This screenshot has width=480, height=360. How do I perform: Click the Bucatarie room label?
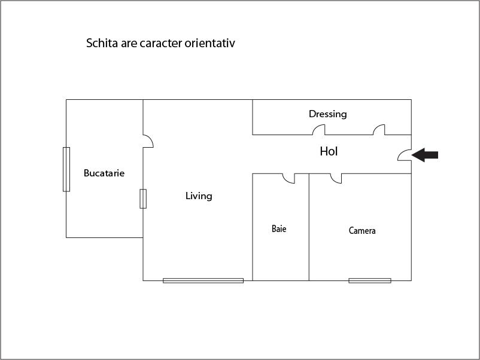click(104, 173)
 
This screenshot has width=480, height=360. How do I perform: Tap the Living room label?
click(199, 196)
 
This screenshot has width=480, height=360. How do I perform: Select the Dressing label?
click(327, 114)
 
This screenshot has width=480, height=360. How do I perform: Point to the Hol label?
click(329, 151)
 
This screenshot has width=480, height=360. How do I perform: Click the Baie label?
click(279, 229)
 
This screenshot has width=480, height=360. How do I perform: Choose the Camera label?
click(362, 230)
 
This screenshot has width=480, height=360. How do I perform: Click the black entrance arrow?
click(425, 155)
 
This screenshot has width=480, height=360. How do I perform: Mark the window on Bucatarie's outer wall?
click(66, 169)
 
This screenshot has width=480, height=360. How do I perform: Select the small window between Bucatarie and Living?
click(143, 199)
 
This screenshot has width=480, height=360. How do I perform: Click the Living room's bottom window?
click(203, 280)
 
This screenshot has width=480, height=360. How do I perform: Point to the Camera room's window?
click(370, 280)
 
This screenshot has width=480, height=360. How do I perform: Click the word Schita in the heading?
click(102, 43)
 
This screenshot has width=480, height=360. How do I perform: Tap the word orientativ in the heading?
click(209, 43)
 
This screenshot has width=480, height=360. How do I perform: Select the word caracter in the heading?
click(161, 44)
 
